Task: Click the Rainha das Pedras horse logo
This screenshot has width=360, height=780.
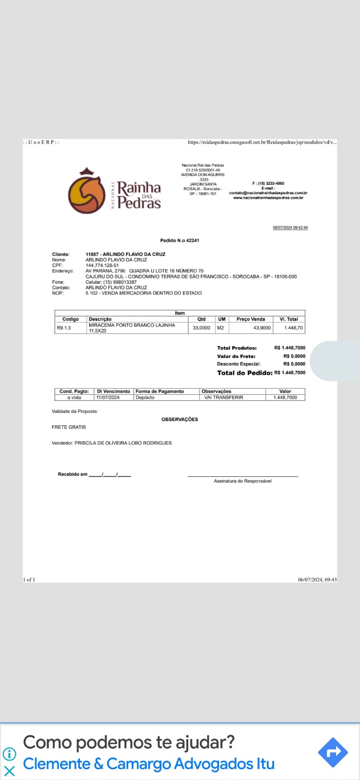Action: pos(87,192)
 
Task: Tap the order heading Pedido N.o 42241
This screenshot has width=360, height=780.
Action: pos(180,240)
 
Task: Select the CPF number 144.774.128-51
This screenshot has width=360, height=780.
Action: pos(102,265)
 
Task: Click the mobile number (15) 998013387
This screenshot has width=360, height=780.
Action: pos(120,282)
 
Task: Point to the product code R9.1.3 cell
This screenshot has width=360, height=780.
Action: pos(64,328)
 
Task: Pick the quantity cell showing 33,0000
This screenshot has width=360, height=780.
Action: pos(201,328)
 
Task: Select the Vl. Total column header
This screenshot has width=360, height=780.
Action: pos(289,319)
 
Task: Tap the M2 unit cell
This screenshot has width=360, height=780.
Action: pos(220,328)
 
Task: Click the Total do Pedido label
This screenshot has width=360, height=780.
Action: pos(244,372)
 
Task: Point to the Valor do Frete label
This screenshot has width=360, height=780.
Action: pos(236,356)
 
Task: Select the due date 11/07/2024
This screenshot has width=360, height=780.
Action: pos(108,397)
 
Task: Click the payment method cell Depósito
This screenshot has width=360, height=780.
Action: pos(145,397)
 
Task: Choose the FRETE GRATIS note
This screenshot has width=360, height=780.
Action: pos(69,427)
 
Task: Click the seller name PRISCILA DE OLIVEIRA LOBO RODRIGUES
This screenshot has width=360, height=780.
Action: pos(123,443)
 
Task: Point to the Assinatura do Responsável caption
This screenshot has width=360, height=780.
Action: pos(242,481)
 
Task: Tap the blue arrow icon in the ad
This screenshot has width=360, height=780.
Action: pos(333,752)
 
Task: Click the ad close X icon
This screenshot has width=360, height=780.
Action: pos(9,771)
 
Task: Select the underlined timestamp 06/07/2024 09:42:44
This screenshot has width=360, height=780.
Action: pos(290,228)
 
